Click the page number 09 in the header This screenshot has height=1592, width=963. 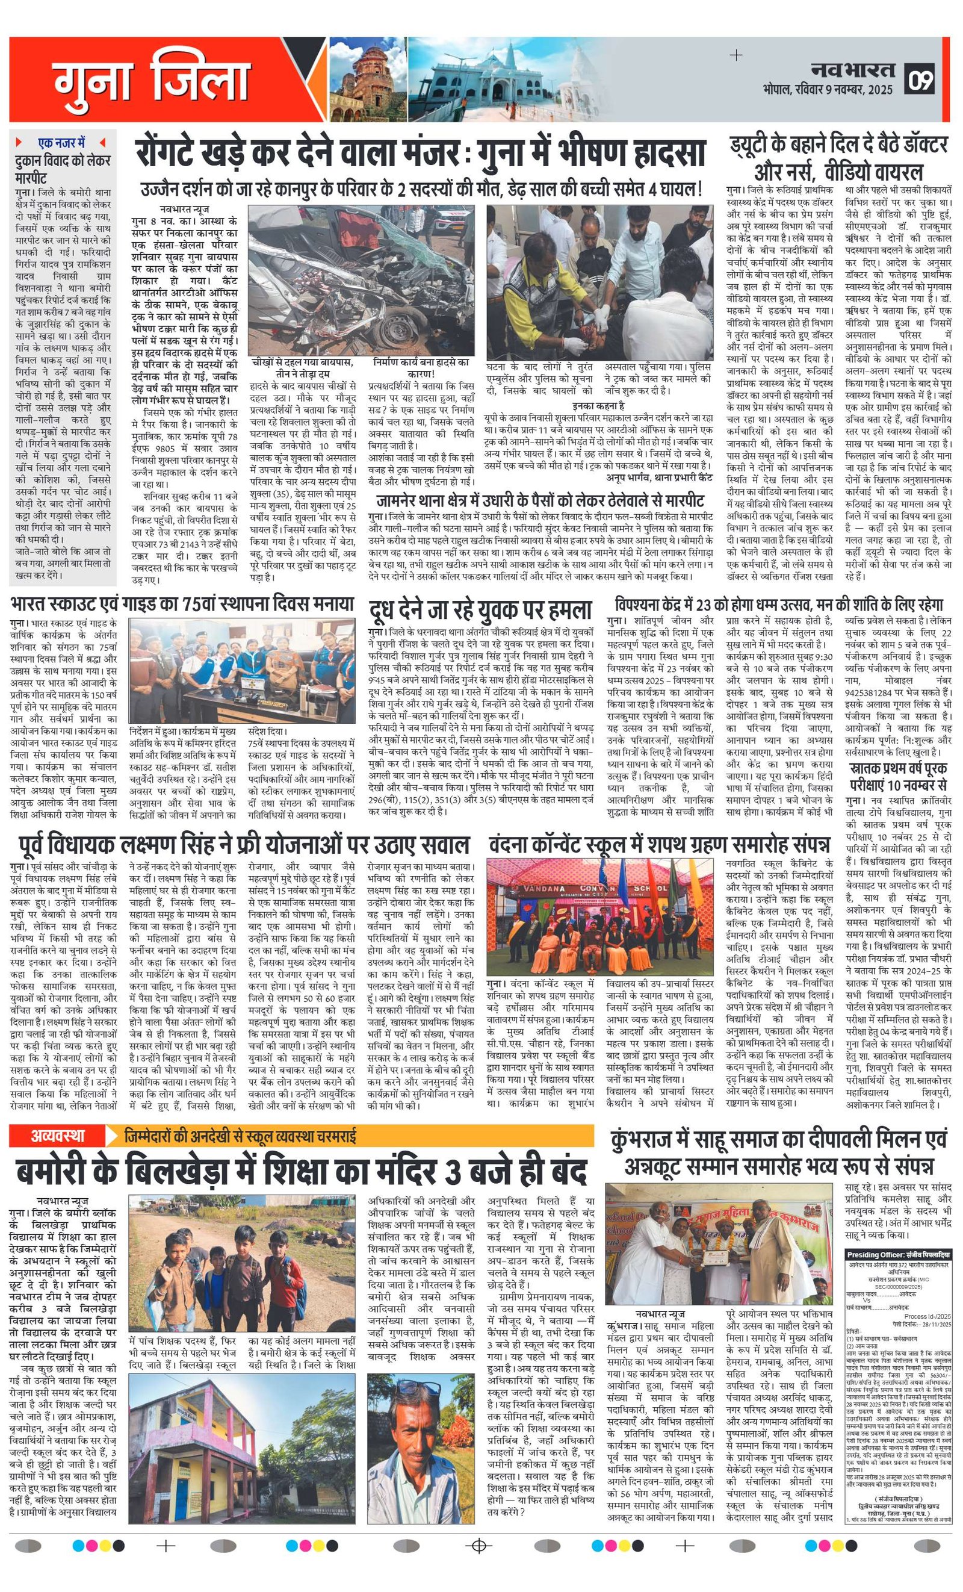[921, 80]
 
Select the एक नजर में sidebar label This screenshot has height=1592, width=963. [61, 143]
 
